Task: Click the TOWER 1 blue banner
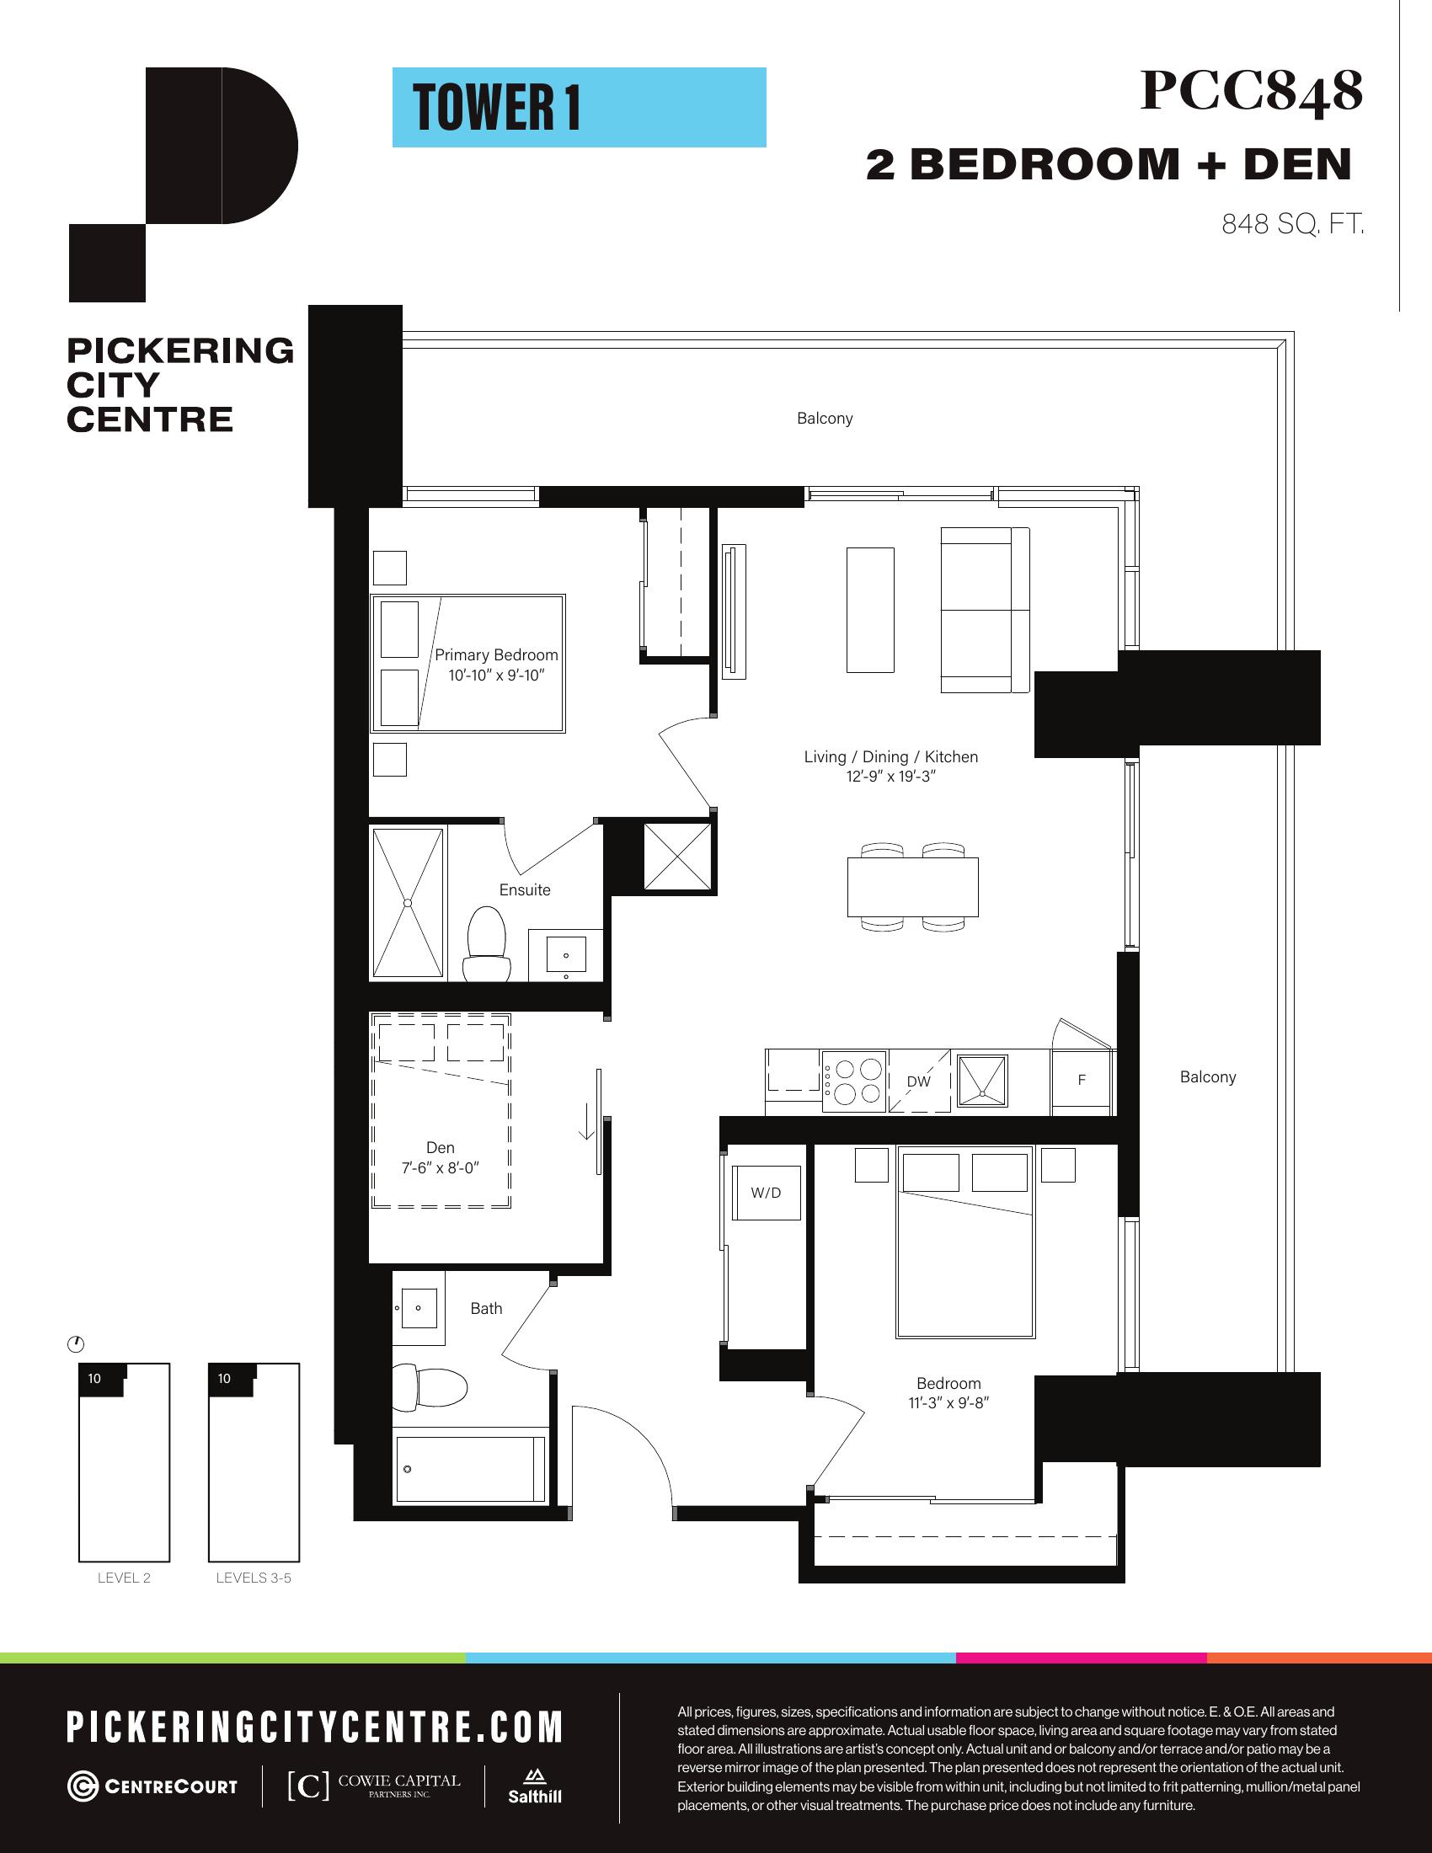[579, 108]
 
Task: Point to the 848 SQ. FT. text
[1293, 224]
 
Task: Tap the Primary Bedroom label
[496, 655]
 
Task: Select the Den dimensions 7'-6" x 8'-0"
[441, 1167]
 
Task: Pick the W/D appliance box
[766, 1193]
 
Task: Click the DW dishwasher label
[919, 1081]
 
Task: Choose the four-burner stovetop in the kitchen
[854, 1081]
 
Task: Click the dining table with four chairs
[913, 888]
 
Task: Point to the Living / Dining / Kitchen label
[890, 757]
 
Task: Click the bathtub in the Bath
[470, 1469]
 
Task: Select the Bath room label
[486, 1309]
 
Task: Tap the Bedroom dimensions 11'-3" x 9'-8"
[948, 1403]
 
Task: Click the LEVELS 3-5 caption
[254, 1578]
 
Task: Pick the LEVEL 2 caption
[124, 1578]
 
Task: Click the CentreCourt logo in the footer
[152, 1786]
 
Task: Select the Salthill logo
[534, 1786]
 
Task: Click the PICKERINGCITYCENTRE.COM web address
[315, 1728]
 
